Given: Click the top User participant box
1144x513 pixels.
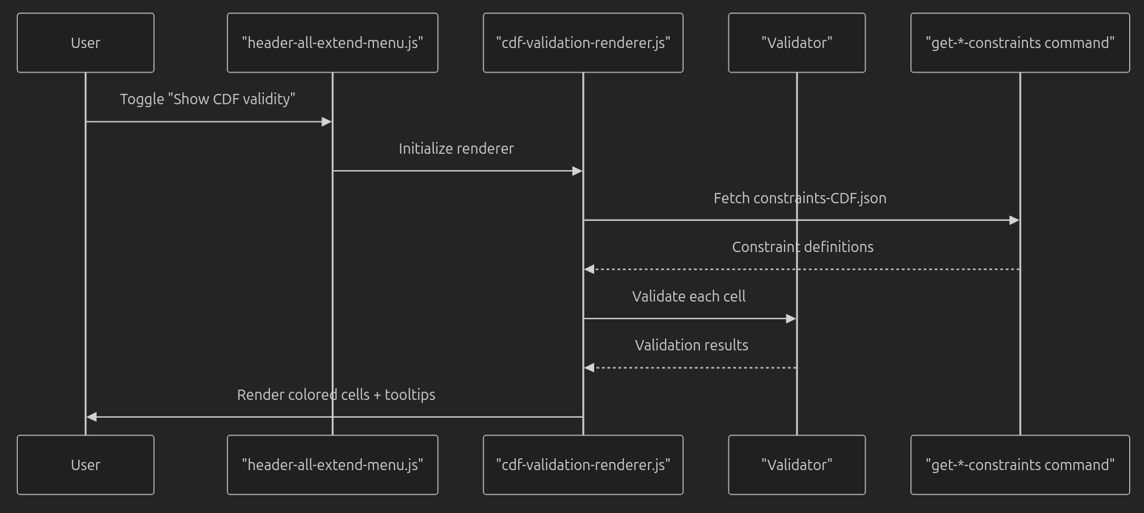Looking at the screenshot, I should pos(85,43).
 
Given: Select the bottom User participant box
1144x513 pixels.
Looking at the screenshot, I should pos(85,465).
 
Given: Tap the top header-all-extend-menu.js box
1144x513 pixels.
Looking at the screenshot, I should pos(332,43).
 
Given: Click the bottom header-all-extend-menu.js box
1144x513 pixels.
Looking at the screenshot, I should pos(332,465).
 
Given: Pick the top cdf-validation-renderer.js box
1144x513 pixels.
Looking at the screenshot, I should pos(582,43).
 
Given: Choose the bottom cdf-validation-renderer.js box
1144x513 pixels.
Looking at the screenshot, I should pos(582,465).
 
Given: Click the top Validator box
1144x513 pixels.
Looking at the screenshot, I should pos(797,43).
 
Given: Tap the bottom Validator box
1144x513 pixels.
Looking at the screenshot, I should pos(797,465).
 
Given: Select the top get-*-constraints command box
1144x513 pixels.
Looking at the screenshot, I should pos(1020,43).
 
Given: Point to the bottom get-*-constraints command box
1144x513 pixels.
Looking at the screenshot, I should pos(1020,465).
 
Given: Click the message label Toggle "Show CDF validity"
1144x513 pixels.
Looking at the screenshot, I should pos(208,99).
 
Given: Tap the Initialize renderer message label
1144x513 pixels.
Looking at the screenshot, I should pos(456,149).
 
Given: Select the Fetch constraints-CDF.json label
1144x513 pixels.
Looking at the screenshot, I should pos(800,198).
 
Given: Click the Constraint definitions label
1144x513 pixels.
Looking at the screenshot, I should pos(803,247).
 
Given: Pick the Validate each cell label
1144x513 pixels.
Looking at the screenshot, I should pos(689,296).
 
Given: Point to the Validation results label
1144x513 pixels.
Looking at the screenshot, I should pos(691,345).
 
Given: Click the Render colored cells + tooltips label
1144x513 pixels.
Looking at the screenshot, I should pos(336,395).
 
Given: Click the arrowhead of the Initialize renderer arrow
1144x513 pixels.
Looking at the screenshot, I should pos(577,171).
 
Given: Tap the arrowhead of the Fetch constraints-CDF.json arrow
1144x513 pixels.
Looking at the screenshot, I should pos(1014,220).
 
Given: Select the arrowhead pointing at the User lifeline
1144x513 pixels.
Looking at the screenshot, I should pos(92,417).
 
